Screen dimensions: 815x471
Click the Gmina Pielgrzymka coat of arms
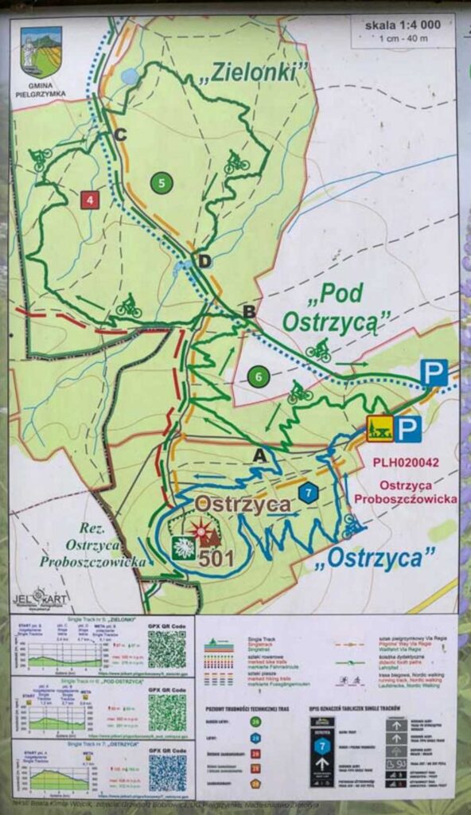41,53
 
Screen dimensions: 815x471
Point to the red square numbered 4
90,199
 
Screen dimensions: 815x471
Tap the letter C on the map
120,135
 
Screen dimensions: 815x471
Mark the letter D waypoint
204,261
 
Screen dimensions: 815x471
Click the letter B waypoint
249,312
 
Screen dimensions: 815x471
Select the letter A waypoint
258,454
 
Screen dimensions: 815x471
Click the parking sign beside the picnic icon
408,429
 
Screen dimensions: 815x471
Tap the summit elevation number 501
216,559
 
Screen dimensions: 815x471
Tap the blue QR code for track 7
167,772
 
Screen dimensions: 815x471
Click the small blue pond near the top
130,76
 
